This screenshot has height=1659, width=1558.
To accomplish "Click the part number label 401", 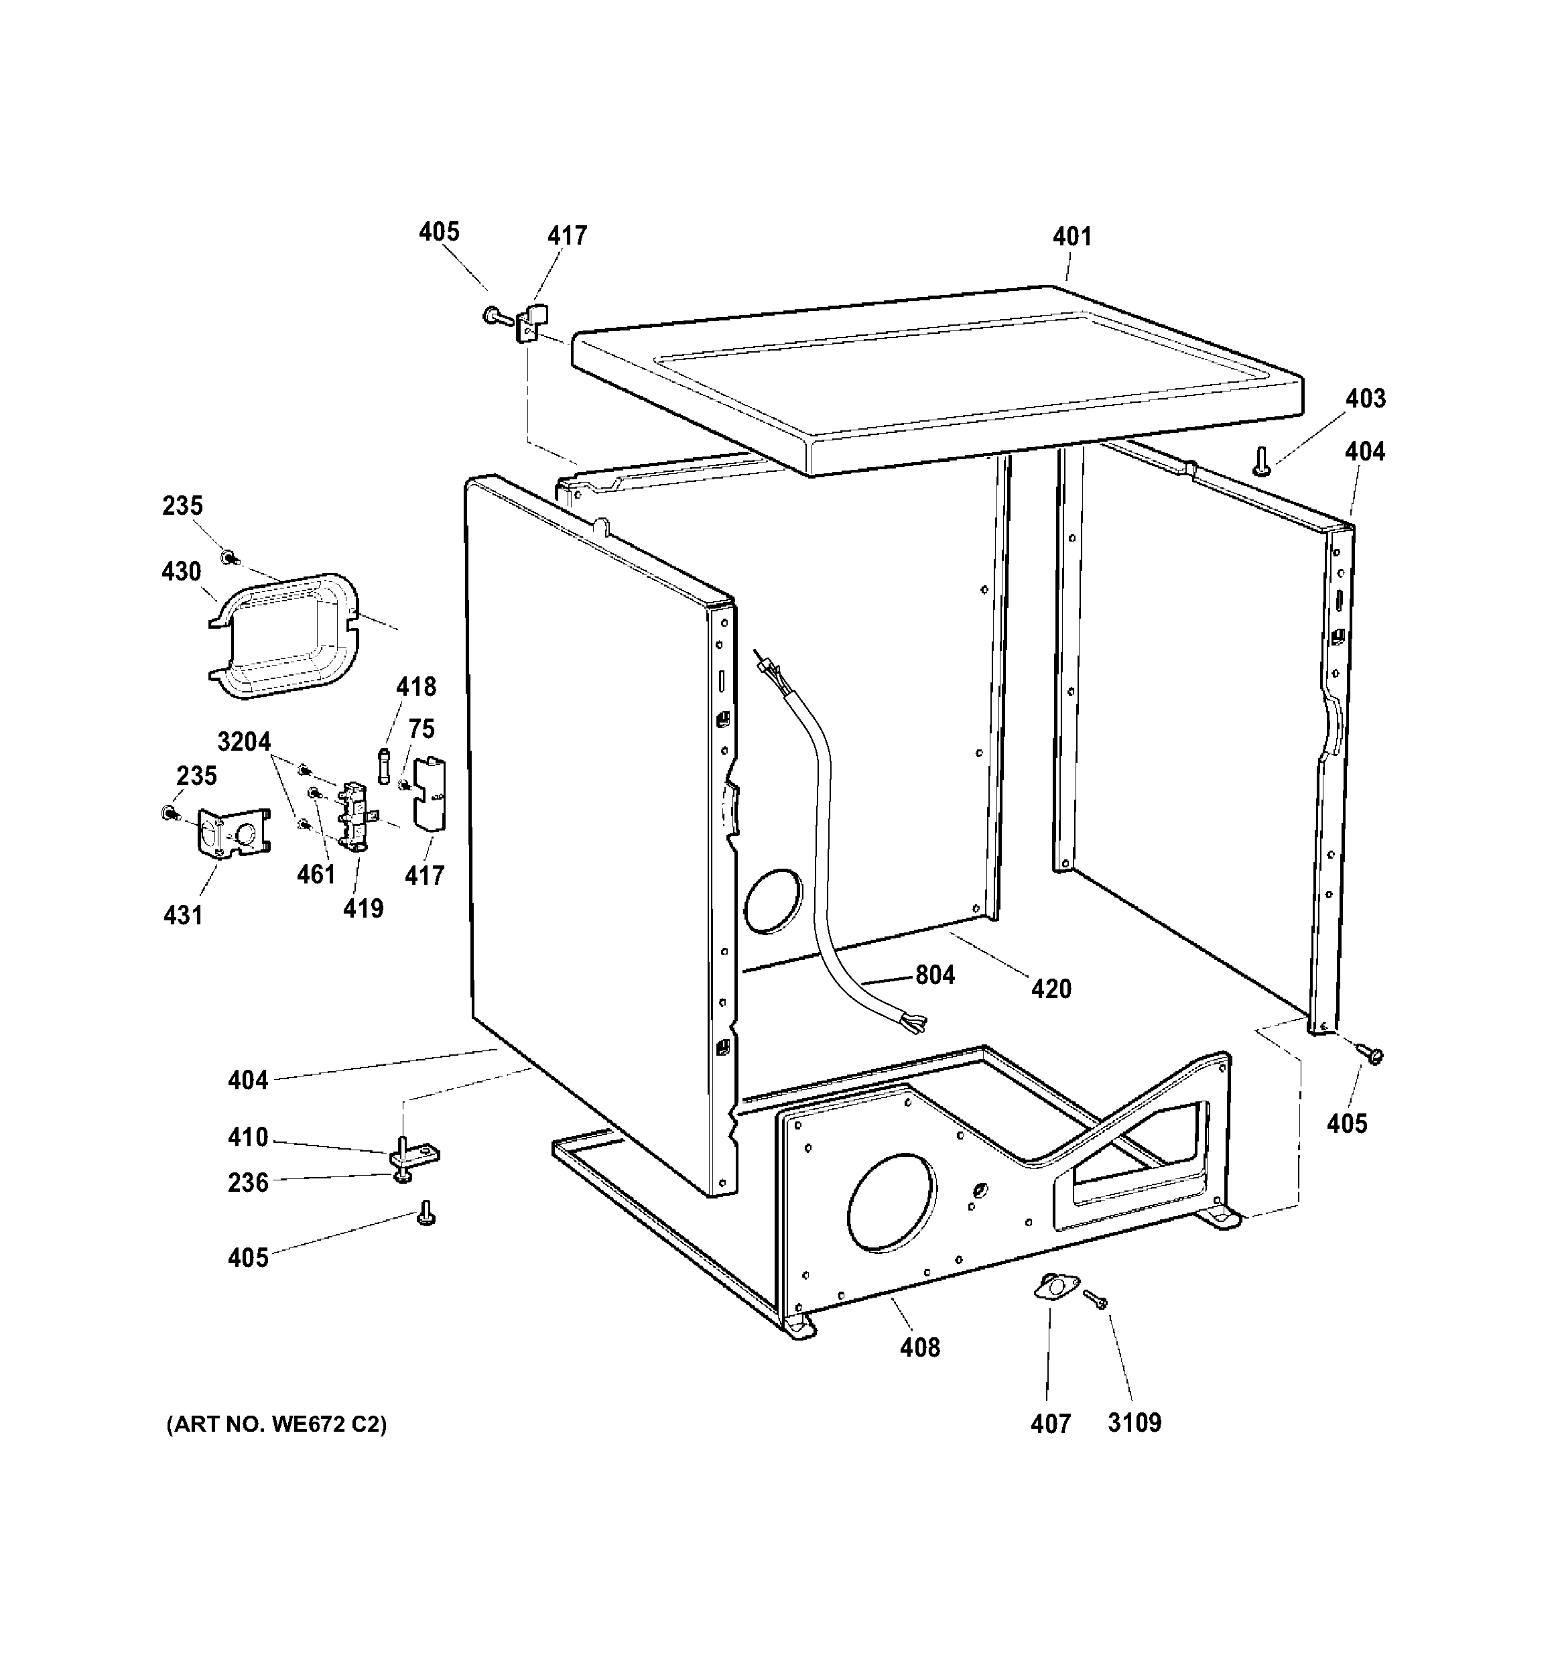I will tap(1072, 237).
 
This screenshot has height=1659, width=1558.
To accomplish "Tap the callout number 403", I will tap(1365, 399).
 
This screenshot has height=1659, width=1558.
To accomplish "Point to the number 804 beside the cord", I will tap(935, 975).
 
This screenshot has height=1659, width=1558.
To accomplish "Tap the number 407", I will tap(1050, 1423).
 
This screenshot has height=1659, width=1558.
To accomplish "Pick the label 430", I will tap(182, 572).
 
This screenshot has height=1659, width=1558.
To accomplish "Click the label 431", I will tap(183, 916).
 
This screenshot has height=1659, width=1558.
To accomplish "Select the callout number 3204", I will tap(245, 741).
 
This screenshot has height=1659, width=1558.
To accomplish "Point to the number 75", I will tap(421, 729).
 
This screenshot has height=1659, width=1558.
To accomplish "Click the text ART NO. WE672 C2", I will tap(277, 1424).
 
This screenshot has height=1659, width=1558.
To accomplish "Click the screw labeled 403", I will tap(1262, 460).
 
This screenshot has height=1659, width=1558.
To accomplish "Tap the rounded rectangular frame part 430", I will tap(285, 634).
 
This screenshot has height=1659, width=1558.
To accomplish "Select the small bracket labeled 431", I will tap(234, 832).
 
